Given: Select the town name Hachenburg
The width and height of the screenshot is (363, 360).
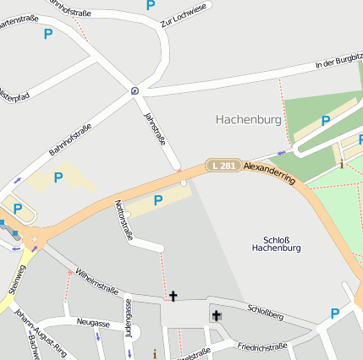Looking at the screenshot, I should click(x=248, y=120).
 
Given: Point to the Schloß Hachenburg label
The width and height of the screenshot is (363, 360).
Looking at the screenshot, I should click(x=277, y=243).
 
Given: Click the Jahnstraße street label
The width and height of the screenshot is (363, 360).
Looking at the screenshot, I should click(x=156, y=128).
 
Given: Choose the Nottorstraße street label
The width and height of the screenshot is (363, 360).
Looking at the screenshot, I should click(x=124, y=221).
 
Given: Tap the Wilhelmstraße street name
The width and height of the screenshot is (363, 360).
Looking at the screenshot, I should click(x=96, y=281).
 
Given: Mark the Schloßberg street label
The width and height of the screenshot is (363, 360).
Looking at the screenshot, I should click(x=266, y=314).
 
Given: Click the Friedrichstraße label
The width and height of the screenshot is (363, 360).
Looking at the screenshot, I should click(x=262, y=346).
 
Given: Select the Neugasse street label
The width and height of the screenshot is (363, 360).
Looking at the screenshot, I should click(x=92, y=323).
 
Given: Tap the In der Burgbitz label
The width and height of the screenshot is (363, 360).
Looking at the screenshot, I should click(x=338, y=62).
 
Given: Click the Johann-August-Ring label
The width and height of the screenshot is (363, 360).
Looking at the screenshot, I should click(x=47, y=335).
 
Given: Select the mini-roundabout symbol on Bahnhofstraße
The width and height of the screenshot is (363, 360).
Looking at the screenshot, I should click(x=135, y=89).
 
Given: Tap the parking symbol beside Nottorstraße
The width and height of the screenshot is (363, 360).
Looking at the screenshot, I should click(x=157, y=200).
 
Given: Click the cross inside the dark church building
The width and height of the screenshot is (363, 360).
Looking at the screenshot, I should click(x=216, y=315).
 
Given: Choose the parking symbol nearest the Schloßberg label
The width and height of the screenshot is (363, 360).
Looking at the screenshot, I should click(x=334, y=314).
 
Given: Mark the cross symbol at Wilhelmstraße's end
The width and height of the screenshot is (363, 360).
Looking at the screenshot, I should click(x=173, y=296).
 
